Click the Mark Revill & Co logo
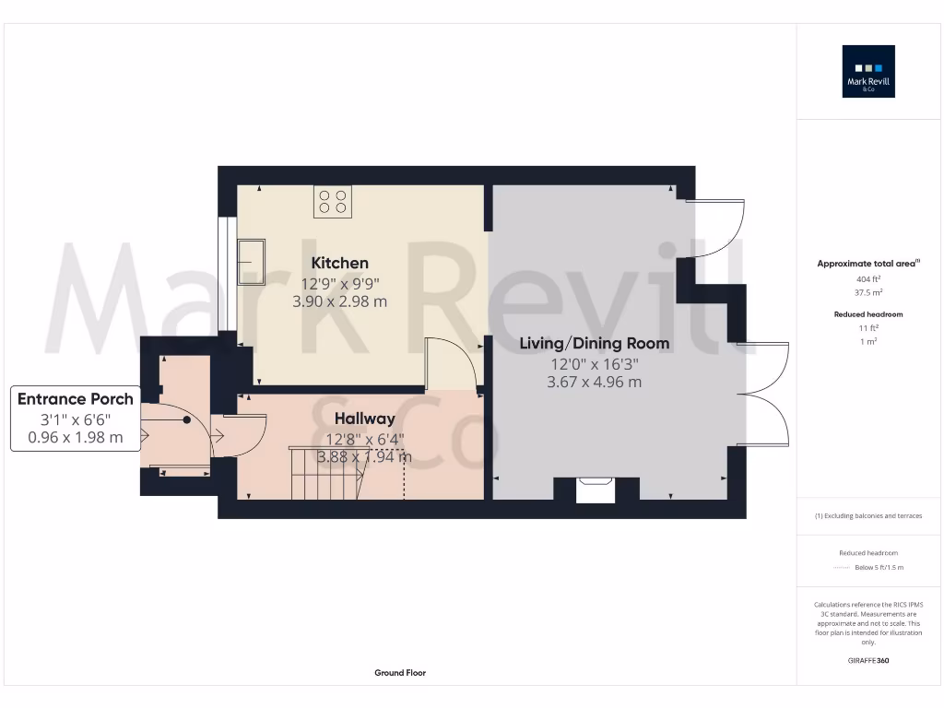click(869, 72)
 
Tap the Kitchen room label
click(339, 263)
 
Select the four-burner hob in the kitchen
click(333, 202)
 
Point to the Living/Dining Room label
click(594, 344)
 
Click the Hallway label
click(364, 419)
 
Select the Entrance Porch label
click(76, 399)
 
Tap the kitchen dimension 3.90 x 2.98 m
click(339, 301)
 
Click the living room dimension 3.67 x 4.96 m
click(594, 382)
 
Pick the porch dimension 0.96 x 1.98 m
click(76, 437)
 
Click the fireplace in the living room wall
click(595, 490)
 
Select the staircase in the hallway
click(327, 474)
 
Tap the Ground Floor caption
click(400, 673)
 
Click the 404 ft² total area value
click(869, 277)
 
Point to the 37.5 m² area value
click(869, 291)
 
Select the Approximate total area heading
click(868, 264)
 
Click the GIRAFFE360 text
click(869, 660)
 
